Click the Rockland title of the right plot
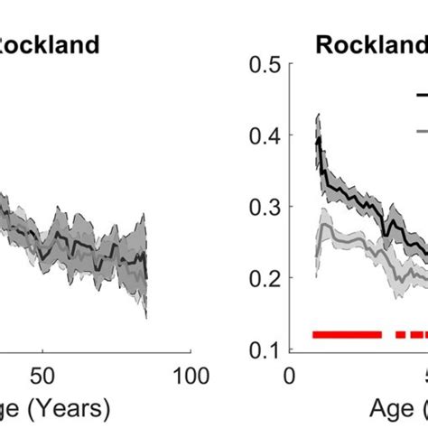pos(370,44)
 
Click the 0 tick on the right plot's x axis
pos(289,373)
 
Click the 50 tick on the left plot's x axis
pos(42,373)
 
